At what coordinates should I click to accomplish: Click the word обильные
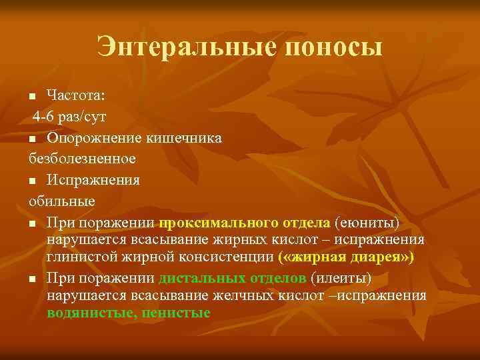(62, 200)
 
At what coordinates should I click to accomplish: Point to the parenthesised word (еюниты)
(367, 221)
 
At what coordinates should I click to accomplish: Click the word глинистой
(77, 257)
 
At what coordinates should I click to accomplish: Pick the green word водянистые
(89, 312)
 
